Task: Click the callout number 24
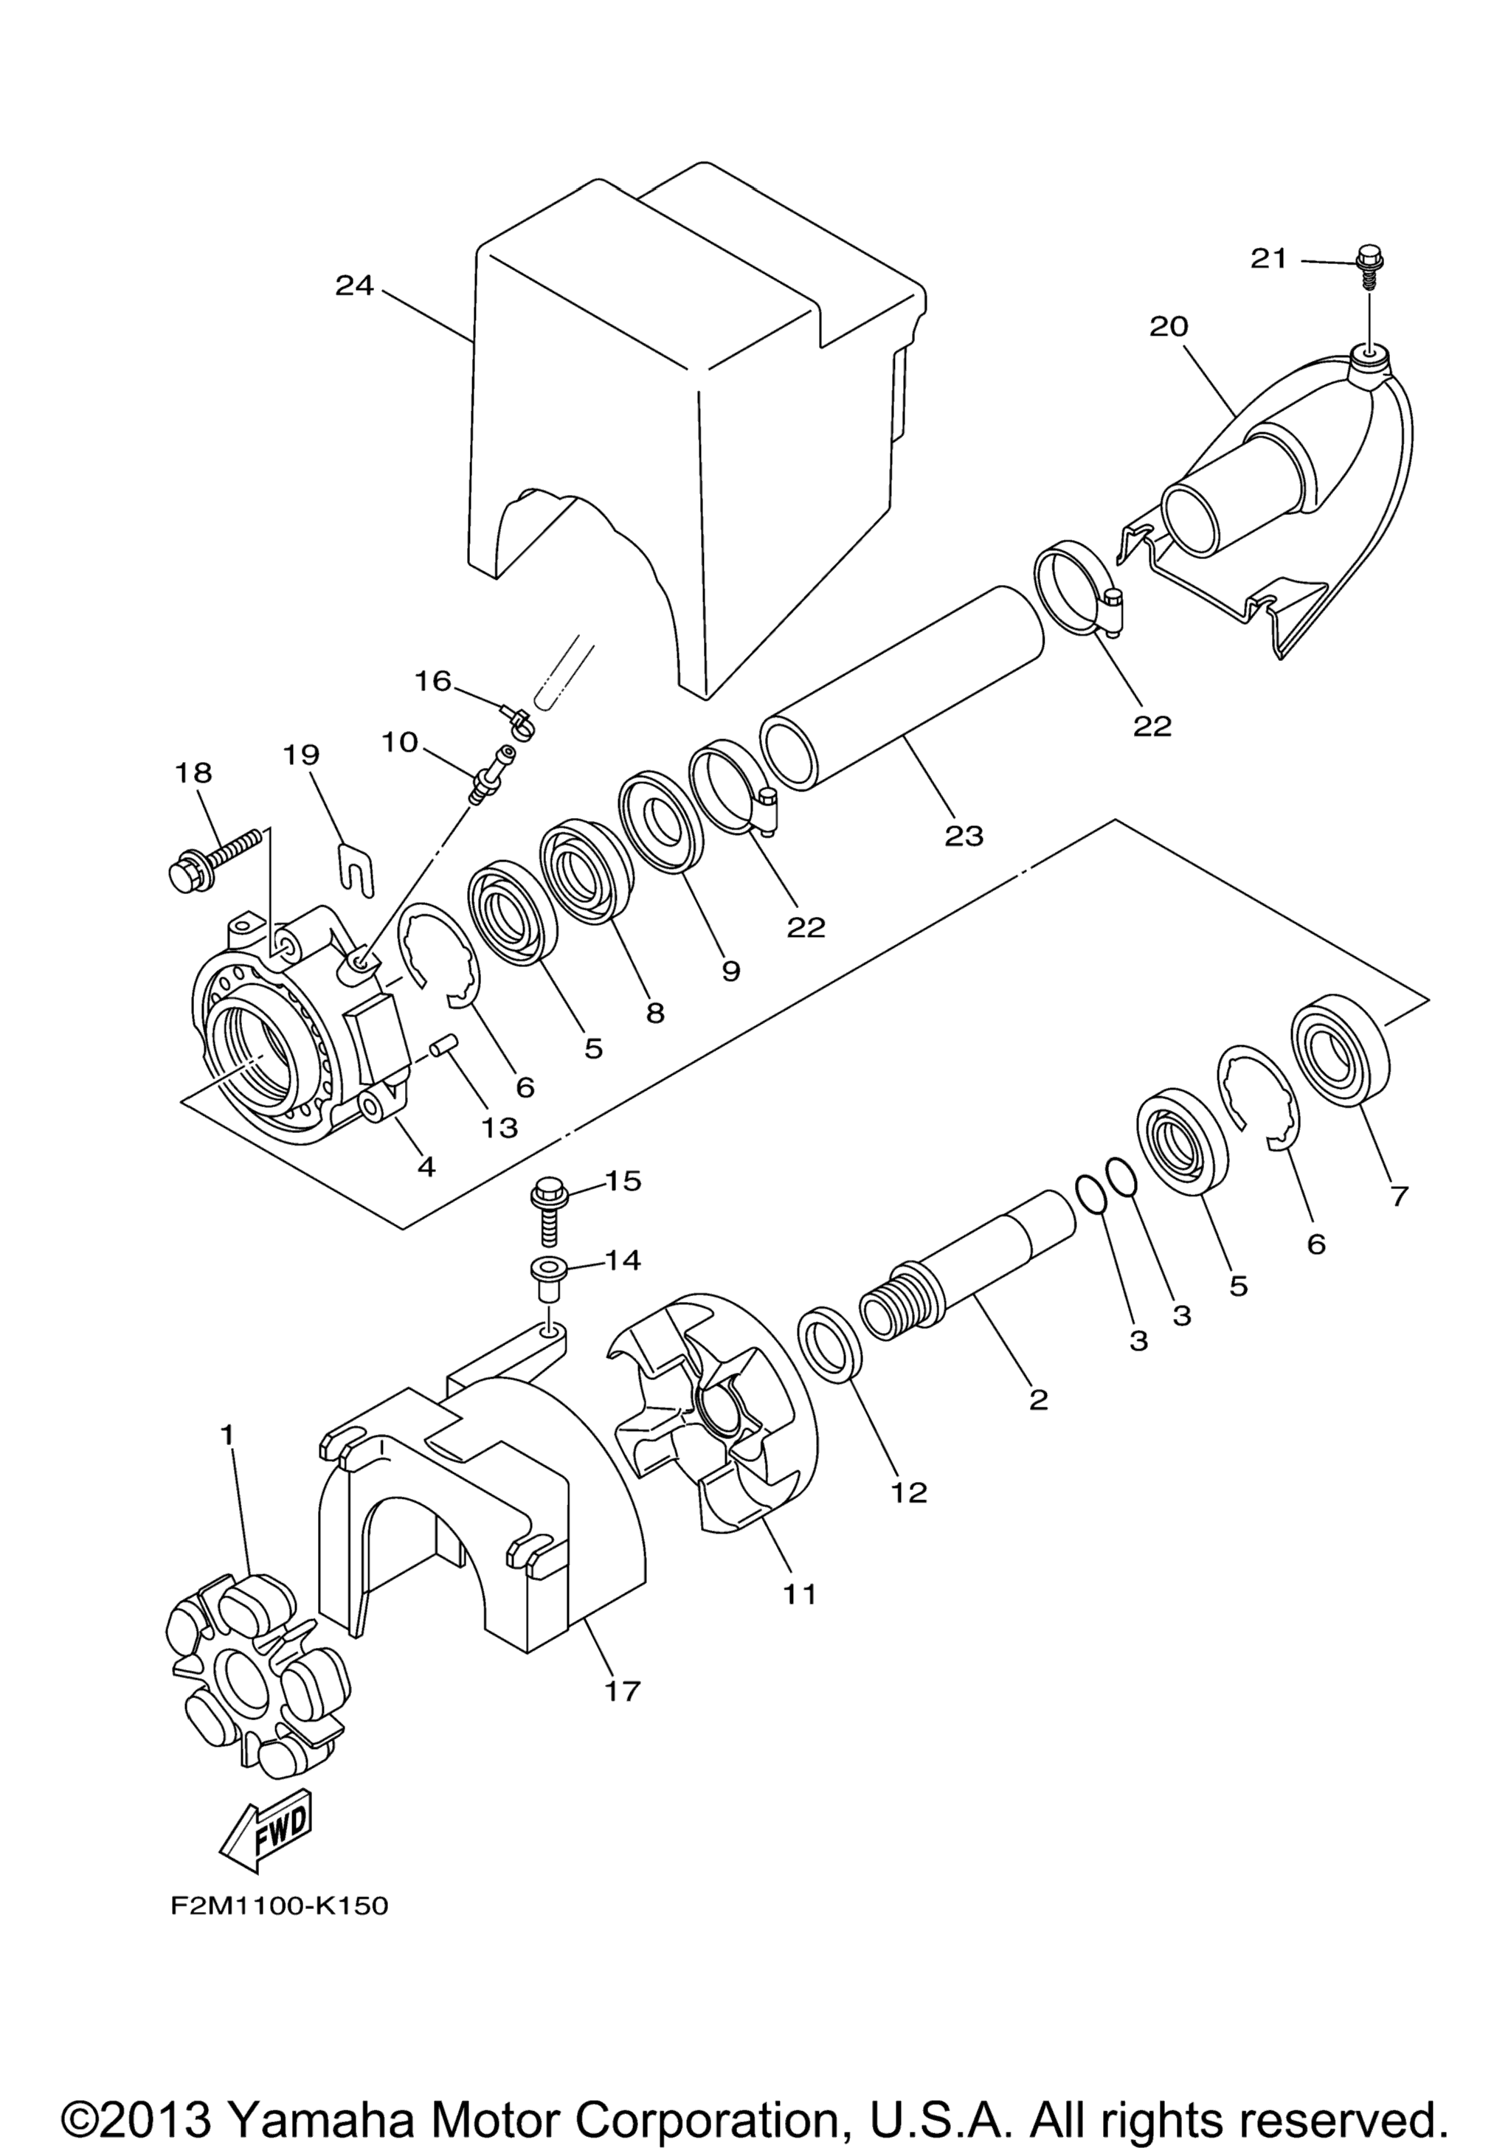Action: click(356, 285)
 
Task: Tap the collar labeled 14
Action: click(547, 1279)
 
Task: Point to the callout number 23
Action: click(964, 836)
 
